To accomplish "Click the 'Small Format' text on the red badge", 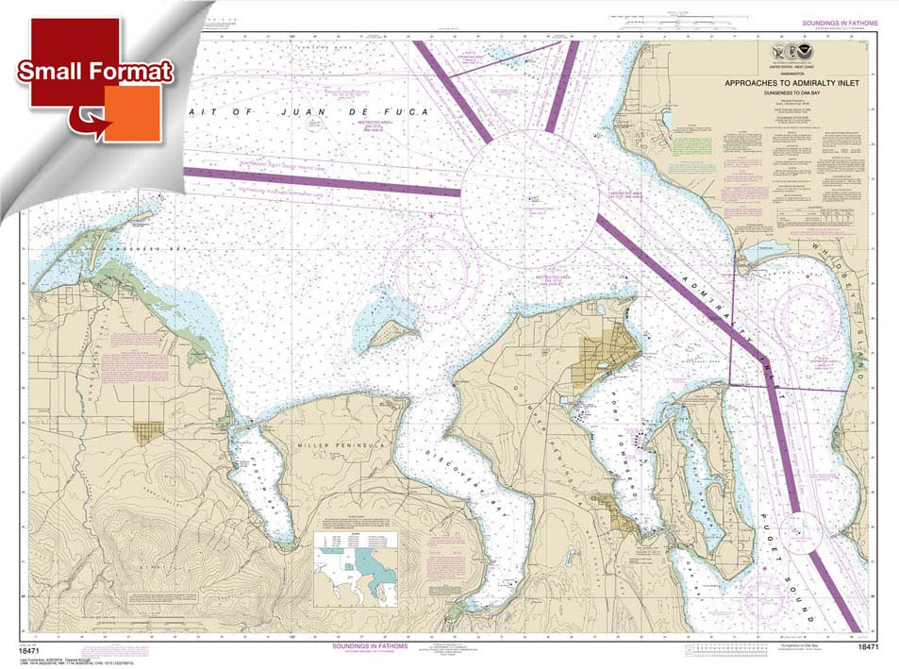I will (95, 72).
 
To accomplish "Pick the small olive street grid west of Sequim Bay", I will (147, 432).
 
